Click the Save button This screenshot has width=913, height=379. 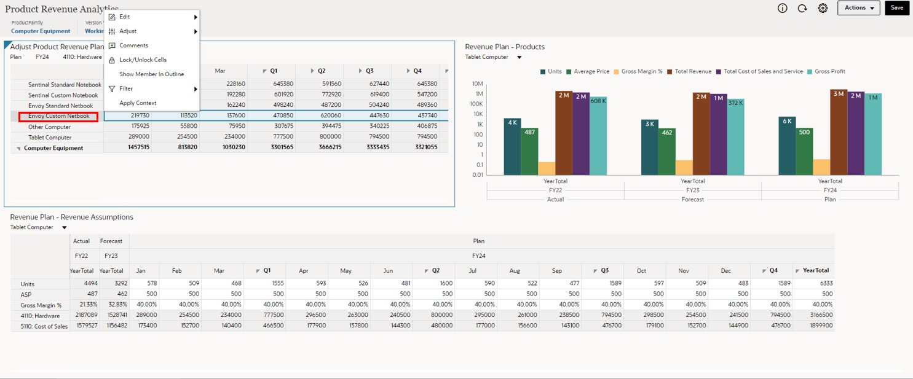point(896,8)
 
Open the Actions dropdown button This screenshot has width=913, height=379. point(858,8)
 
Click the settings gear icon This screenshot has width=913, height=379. point(823,9)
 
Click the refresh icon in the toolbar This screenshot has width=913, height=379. point(802,9)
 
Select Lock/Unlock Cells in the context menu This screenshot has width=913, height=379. point(143,60)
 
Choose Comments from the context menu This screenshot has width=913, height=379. point(133,45)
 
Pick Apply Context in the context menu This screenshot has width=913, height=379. point(138,103)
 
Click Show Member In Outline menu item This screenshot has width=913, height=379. point(151,74)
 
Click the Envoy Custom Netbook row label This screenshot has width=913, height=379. point(58,116)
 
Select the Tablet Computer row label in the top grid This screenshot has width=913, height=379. point(50,138)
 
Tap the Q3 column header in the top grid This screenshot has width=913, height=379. point(370,71)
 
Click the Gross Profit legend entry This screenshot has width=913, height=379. point(829,72)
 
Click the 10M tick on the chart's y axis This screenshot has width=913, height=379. point(477,84)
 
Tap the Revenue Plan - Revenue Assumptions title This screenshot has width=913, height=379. point(71,217)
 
